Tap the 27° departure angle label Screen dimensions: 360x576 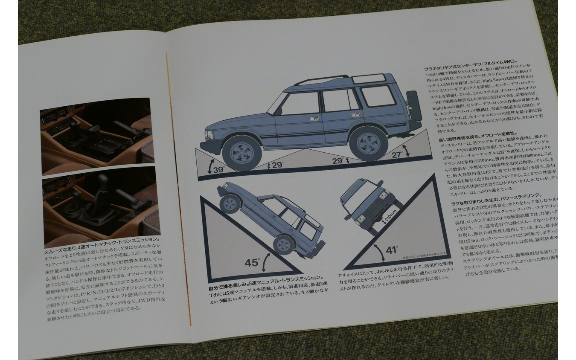pos(398,154)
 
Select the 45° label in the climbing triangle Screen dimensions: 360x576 pos(252,263)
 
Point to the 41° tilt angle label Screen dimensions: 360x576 pos(392,250)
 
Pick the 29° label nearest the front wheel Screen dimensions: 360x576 pos(277,165)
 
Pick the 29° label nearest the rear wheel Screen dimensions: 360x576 pos(338,161)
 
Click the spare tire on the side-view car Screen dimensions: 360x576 pos(413,106)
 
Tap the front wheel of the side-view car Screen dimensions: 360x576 pos(241,153)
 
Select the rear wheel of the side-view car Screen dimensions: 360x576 pos(368,144)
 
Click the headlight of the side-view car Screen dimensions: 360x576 pos(209,135)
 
